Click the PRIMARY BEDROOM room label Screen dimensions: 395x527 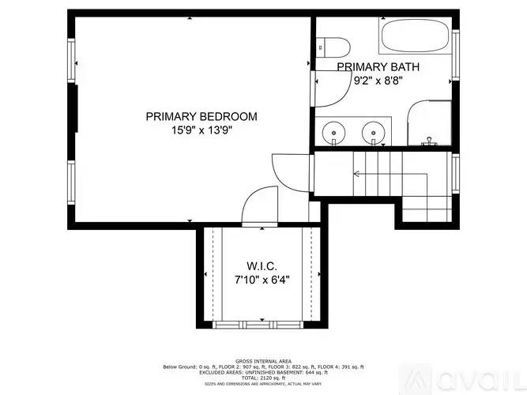tap(201, 116)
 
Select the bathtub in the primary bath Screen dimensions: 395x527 tap(413, 36)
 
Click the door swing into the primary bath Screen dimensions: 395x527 tap(328, 88)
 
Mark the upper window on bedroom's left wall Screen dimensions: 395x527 tap(73, 61)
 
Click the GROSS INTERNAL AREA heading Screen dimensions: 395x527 tap(262, 359)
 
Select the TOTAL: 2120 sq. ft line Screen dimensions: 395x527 tap(262, 378)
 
